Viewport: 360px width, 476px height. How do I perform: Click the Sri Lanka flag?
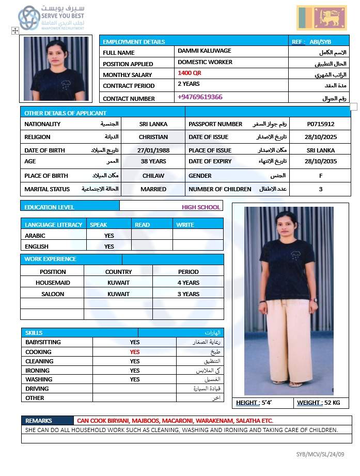click(x=322, y=18)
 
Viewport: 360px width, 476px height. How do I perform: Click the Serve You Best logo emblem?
click(x=29, y=18)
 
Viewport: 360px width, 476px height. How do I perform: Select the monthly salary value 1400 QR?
click(x=189, y=73)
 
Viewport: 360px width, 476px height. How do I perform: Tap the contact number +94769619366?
click(x=200, y=97)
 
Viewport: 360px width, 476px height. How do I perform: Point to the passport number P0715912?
click(x=321, y=124)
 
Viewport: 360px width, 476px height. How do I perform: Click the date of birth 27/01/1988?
click(x=153, y=150)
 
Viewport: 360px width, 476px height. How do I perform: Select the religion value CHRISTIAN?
click(x=153, y=137)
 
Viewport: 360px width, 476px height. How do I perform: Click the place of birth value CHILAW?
click(x=153, y=176)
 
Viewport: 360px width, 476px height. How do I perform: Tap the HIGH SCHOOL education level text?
click(x=201, y=207)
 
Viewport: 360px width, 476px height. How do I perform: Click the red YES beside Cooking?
click(x=135, y=352)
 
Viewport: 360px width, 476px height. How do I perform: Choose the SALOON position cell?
click(x=53, y=294)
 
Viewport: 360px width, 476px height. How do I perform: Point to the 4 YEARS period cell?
click(x=188, y=283)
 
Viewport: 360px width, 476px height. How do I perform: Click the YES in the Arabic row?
click(x=109, y=236)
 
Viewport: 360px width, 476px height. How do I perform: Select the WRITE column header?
click(x=185, y=225)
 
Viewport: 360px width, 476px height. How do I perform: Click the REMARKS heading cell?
click(x=39, y=421)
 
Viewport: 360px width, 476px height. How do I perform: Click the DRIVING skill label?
click(x=37, y=389)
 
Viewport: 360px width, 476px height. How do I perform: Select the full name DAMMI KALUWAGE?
click(x=204, y=51)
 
